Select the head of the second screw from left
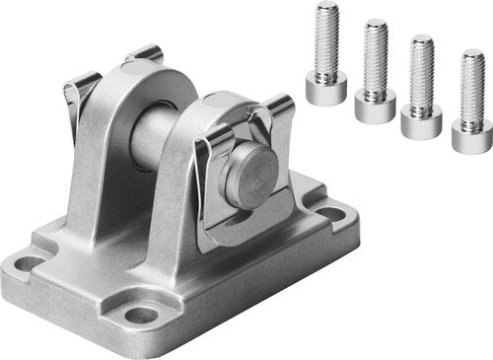375,105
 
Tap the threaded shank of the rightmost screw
473,89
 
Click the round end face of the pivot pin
248,178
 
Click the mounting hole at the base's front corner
141,315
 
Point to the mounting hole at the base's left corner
31,263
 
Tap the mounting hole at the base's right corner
330,213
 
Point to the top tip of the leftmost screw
327,8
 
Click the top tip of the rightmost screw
474,55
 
